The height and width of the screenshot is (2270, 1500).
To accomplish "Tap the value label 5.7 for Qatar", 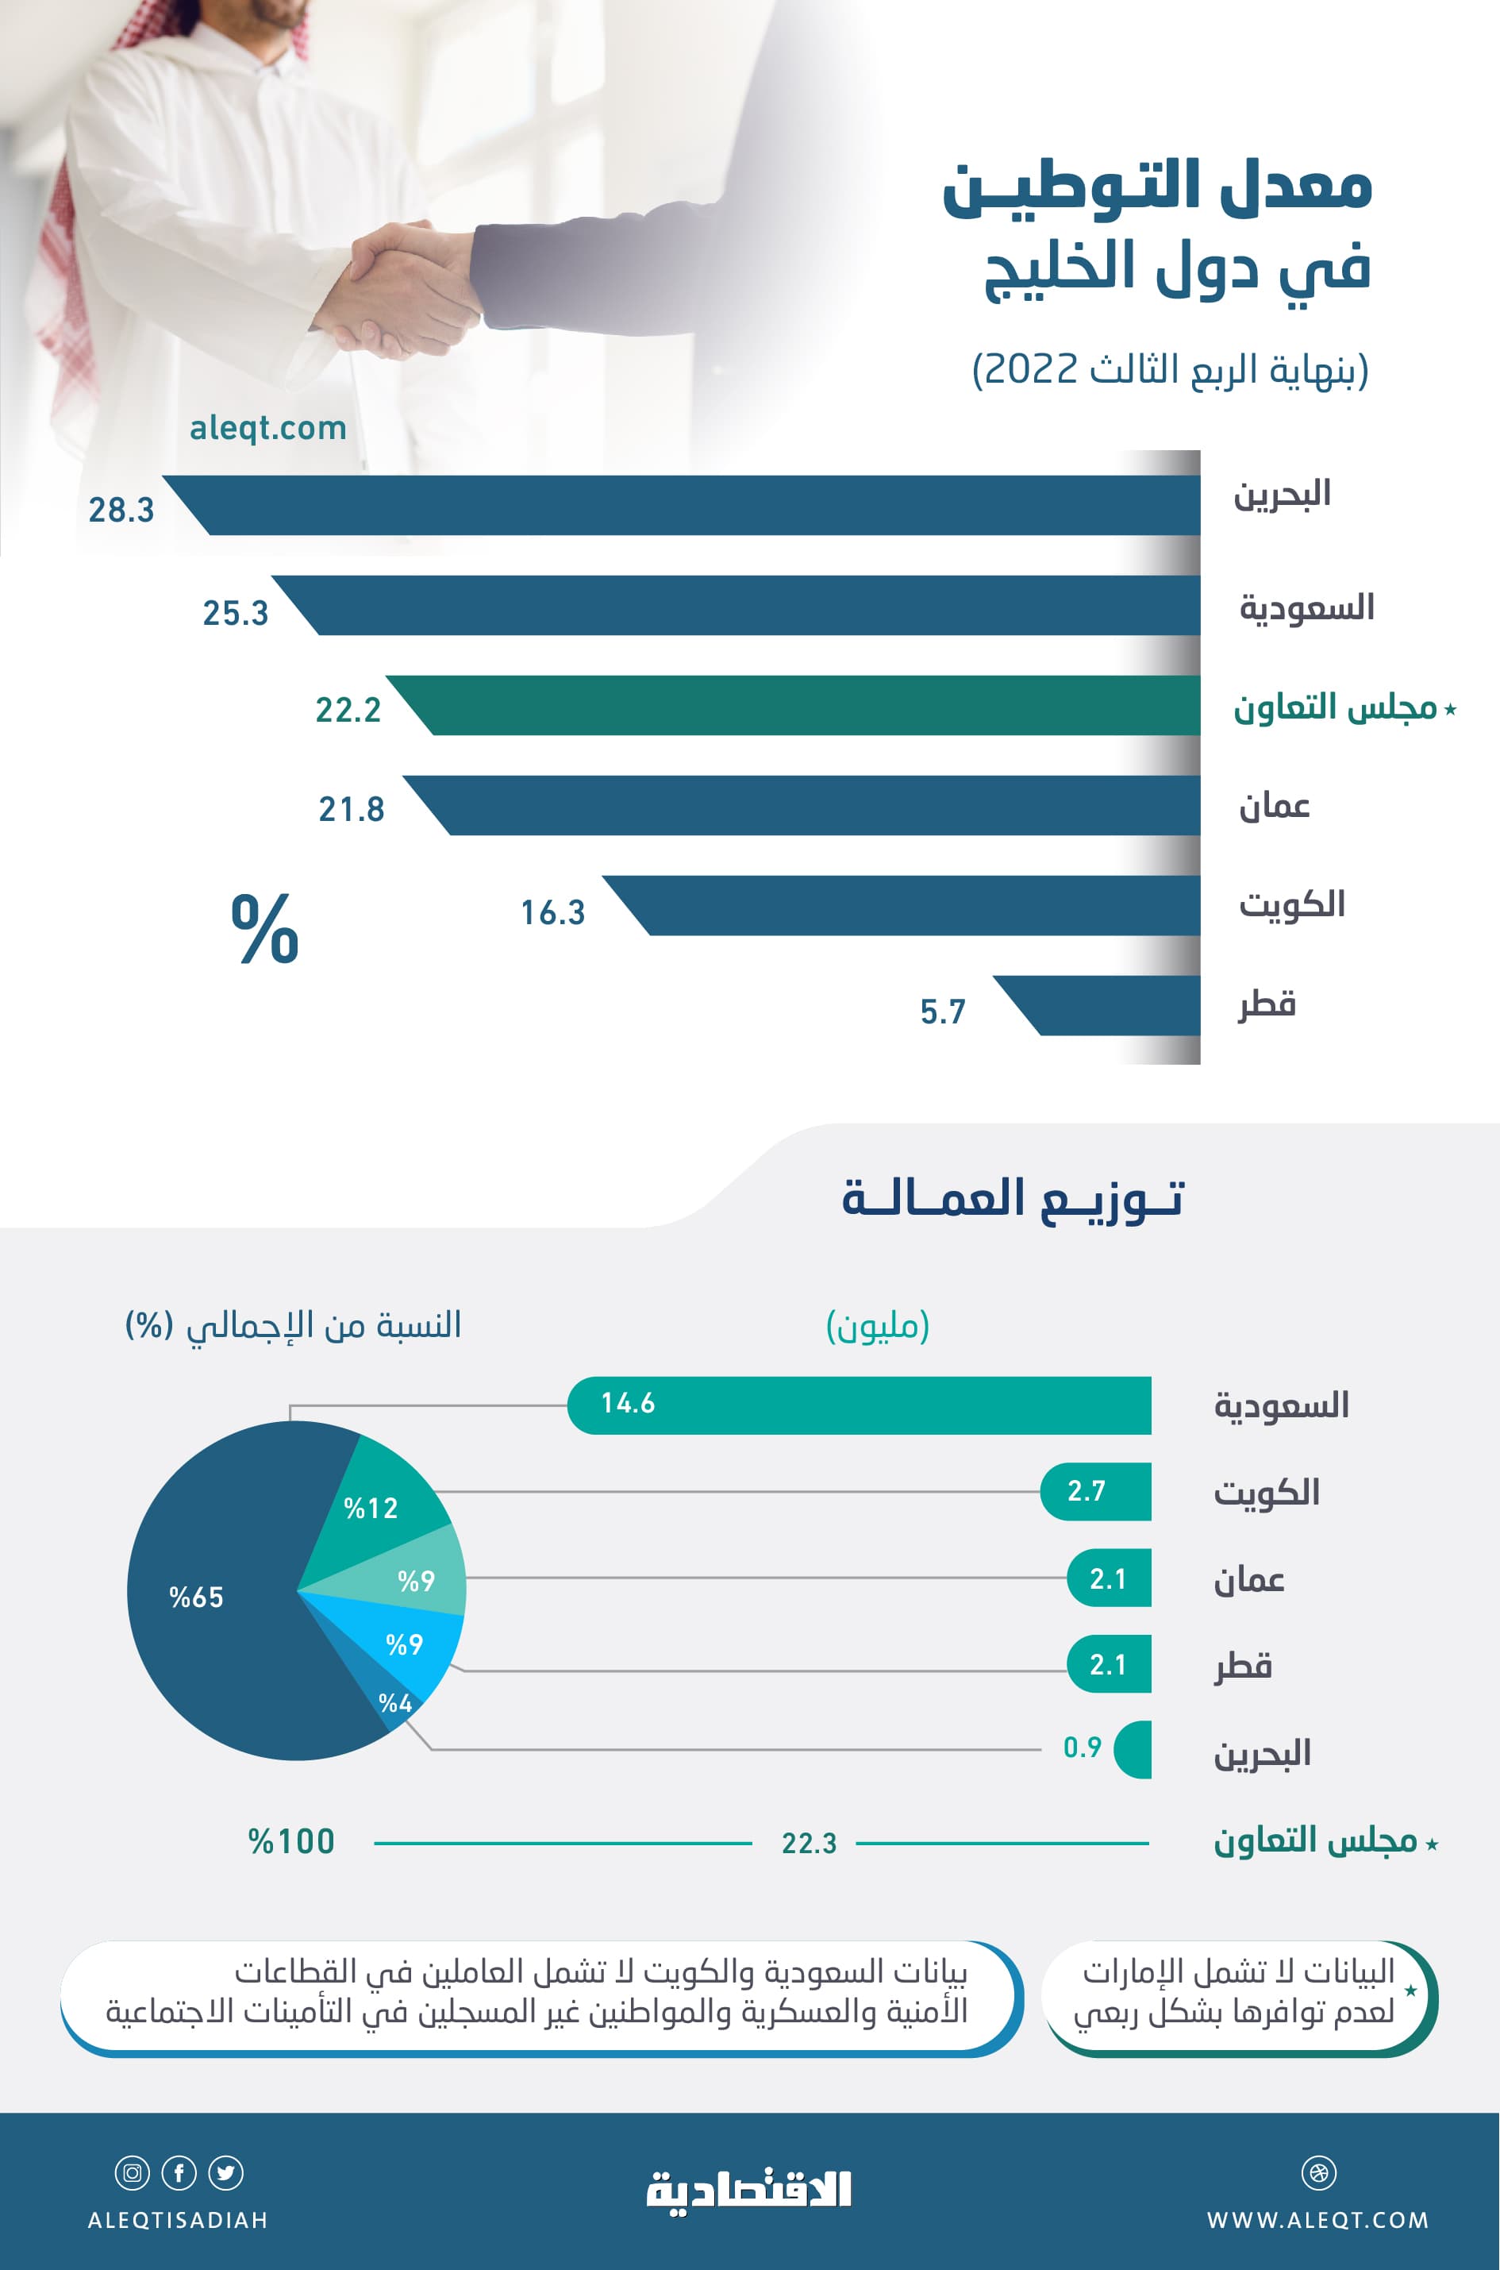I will pyautogui.click(x=943, y=1012).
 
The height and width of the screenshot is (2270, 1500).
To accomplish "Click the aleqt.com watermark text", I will pyautogui.click(x=268, y=428).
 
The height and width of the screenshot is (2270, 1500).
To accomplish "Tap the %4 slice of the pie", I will pyautogui.click(x=396, y=1703).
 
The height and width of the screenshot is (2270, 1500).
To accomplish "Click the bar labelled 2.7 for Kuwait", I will pyautogui.click(x=1096, y=1491).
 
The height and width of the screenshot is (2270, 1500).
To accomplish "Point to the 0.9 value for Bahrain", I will pyautogui.click(x=1083, y=1748).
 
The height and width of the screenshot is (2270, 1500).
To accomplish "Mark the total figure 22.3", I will pyautogui.click(x=810, y=1843).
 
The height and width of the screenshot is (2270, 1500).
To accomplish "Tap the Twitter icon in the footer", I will pyautogui.click(x=225, y=2172).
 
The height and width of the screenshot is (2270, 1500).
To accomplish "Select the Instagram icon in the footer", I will pyautogui.click(x=132, y=2172).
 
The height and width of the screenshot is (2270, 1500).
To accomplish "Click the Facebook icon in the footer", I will pyautogui.click(x=179, y=2172).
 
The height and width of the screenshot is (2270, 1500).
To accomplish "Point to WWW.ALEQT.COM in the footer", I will pyautogui.click(x=1318, y=2220).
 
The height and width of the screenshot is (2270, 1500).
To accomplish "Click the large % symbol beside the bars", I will pyautogui.click(x=265, y=928).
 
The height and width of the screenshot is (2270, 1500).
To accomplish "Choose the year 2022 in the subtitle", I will pyautogui.click(x=1031, y=369).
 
